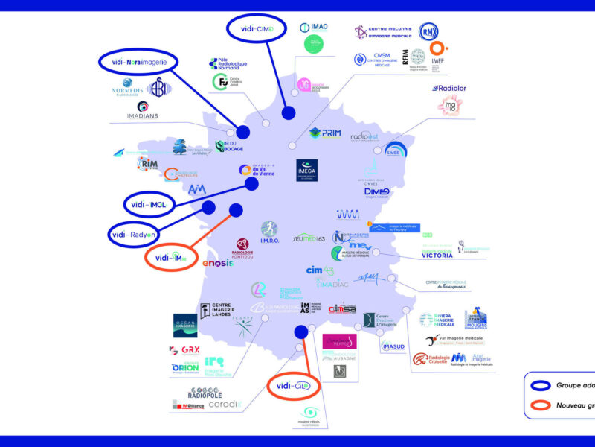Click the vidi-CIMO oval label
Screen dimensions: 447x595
coord(257,29)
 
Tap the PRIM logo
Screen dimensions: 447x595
coord(326,134)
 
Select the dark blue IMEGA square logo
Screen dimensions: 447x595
coord(307,170)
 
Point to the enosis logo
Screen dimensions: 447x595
coord(219,262)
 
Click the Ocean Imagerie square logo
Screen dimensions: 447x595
coord(185,326)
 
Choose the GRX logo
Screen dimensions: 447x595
coord(184,349)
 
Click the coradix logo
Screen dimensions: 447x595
coord(224,404)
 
